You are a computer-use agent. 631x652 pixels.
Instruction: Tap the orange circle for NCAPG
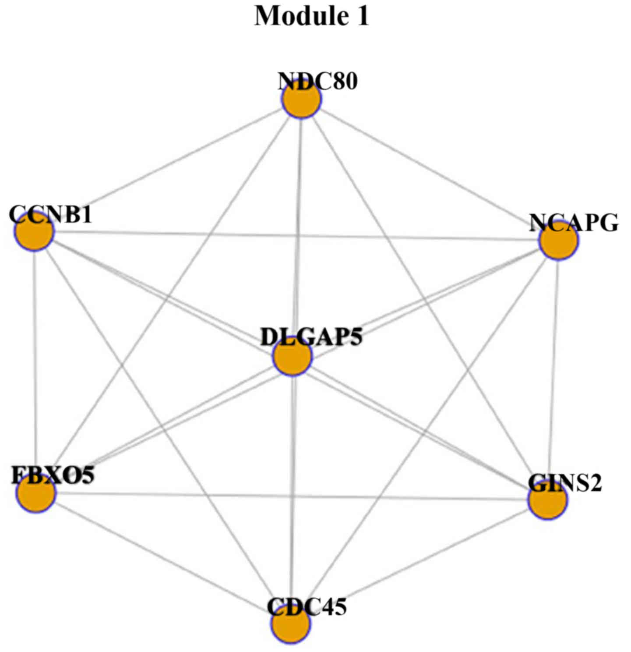tap(558, 241)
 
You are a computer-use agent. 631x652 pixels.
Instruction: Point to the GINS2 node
tap(547, 500)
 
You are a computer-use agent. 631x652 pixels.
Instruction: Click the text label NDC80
tap(318, 81)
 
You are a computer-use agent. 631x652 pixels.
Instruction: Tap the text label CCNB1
tap(51, 214)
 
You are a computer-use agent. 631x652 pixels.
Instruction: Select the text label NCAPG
tap(574, 223)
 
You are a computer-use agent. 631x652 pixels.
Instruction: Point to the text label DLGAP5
tap(312, 337)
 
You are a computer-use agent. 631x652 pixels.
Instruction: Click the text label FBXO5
tap(53, 475)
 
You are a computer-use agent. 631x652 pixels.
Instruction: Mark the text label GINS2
tap(565, 483)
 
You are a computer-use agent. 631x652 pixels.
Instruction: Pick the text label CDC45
tap(307, 607)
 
